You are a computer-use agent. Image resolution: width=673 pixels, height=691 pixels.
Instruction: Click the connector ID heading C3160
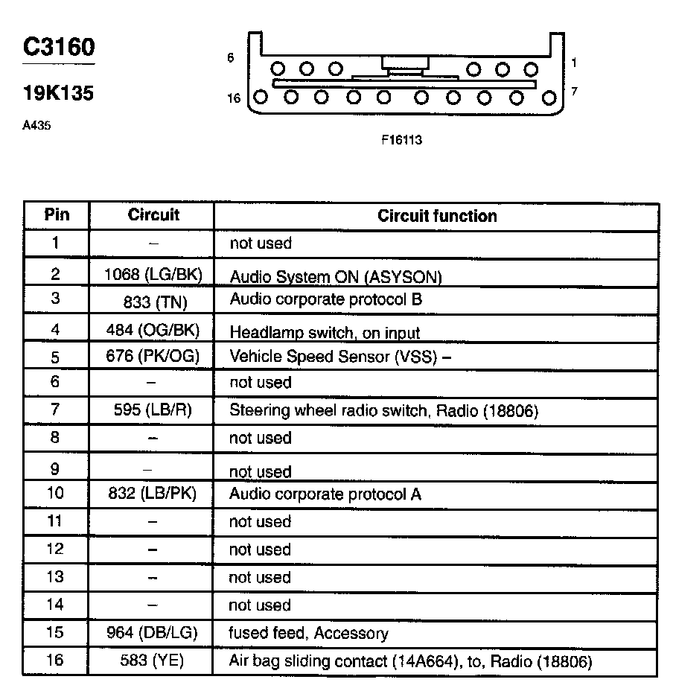(x=59, y=48)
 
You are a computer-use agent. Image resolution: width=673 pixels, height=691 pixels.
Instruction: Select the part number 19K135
(x=58, y=95)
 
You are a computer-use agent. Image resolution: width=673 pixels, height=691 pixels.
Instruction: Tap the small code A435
(x=36, y=126)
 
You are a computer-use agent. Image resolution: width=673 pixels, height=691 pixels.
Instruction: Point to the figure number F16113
(x=402, y=139)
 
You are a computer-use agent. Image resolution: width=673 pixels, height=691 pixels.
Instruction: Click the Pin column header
(x=57, y=215)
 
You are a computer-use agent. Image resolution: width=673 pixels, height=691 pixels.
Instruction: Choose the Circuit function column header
(x=437, y=216)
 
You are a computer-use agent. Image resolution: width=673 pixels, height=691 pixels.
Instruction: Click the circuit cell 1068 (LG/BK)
(x=153, y=274)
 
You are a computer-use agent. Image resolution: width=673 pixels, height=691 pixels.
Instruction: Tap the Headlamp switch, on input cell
(x=325, y=332)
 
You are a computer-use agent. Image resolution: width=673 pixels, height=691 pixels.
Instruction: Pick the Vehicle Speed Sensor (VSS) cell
(x=340, y=356)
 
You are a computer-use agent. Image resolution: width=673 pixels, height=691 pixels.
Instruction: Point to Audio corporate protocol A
(x=325, y=494)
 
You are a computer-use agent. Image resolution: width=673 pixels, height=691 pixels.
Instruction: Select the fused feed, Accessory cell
(x=308, y=633)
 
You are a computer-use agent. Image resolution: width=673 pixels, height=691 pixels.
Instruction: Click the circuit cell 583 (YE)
(x=152, y=660)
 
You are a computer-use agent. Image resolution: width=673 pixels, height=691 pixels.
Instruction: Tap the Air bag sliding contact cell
(x=409, y=661)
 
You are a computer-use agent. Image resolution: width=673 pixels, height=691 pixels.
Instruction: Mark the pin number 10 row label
(x=56, y=493)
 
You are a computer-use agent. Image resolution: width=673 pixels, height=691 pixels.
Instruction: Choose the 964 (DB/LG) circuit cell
(x=152, y=633)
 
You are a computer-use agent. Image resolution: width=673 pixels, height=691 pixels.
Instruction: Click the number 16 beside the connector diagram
(x=235, y=98)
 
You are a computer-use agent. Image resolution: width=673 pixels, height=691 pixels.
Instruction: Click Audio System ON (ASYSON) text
(x=335, y=277)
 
